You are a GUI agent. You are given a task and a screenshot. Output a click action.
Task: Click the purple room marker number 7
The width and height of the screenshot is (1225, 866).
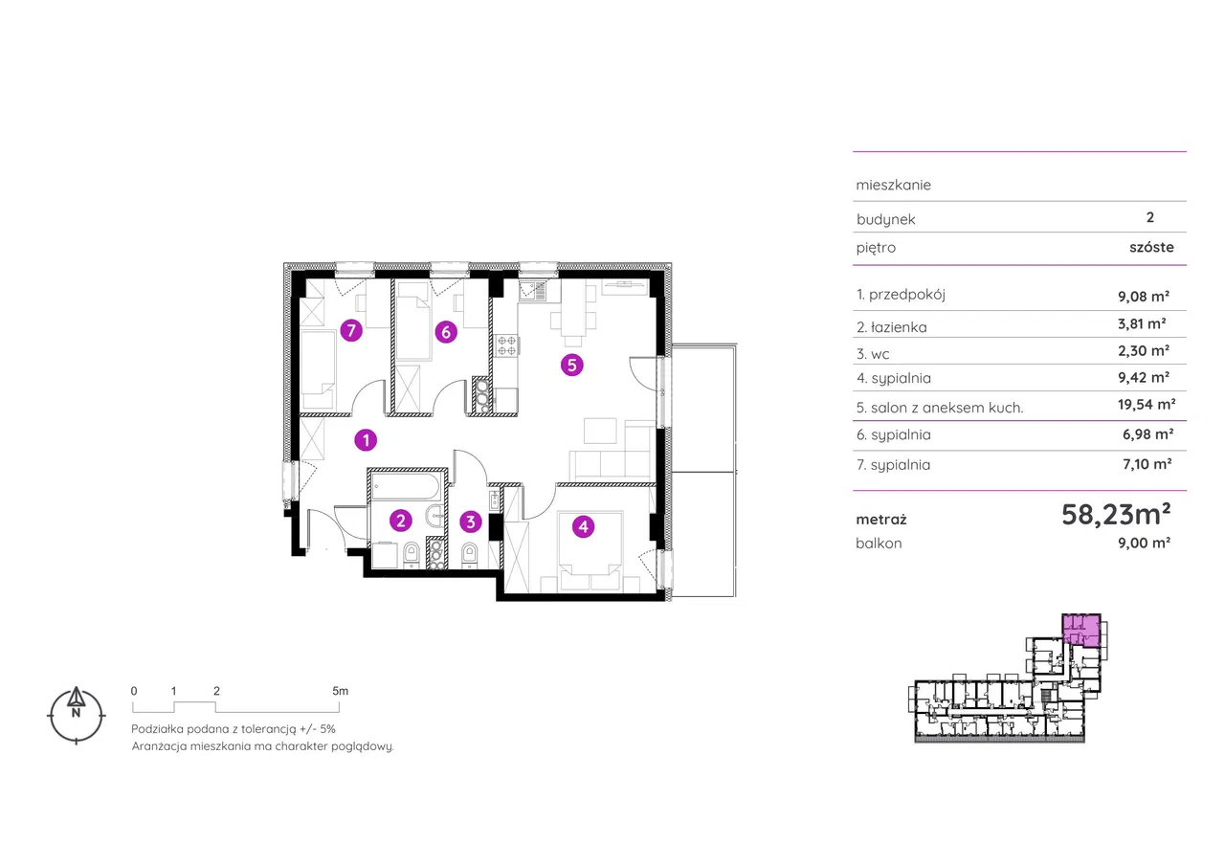click(x=351, y=330)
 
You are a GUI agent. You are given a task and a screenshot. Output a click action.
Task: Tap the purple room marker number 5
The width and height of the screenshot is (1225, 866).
click(x=572, y=365)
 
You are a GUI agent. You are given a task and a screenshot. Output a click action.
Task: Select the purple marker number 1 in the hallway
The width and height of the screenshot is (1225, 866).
click(x=366, y=439)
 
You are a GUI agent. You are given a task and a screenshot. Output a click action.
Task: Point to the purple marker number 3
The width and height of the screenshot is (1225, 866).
click(x=471, y=522)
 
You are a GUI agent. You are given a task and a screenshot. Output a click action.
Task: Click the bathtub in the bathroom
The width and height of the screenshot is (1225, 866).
click(x=405, y=486)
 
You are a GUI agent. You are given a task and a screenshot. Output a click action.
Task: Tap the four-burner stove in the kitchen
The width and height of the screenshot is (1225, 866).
click(x=506, y=345)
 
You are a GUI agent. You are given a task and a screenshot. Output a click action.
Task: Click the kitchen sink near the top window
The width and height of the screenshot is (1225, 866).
click(x=532, y=290)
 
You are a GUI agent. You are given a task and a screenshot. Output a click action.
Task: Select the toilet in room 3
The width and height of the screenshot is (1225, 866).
click(x=470, y=554)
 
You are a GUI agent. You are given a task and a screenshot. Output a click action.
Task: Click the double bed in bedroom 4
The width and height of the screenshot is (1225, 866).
click(x=590, y=550)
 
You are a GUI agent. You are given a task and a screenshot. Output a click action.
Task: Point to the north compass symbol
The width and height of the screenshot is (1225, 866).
click(x=76, y=715)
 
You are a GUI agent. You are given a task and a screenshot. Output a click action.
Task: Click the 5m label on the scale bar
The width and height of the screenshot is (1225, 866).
click(x=340, y=691)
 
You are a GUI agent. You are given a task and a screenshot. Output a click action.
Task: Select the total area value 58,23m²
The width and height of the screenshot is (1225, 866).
click(x=1116, y=514)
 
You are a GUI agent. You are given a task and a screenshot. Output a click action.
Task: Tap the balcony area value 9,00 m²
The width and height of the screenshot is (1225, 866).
click(x=1144, y=543)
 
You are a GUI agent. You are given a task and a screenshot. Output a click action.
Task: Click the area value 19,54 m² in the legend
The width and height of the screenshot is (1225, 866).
click(x=1147, y=405)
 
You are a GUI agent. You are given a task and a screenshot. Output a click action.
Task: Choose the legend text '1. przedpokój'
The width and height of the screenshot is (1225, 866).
click(x=901, y=295)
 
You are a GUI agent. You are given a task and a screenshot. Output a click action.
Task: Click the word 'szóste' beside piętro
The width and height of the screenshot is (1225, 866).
click(x=1151, y=247)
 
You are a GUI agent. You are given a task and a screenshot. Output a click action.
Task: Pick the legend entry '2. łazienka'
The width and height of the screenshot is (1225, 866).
click(x=891, y=327)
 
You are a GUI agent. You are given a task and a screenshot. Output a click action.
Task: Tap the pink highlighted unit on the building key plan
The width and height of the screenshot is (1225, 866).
click(x=1081, y=631)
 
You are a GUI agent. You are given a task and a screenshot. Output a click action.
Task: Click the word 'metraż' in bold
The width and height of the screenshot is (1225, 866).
click(x=881, y=520)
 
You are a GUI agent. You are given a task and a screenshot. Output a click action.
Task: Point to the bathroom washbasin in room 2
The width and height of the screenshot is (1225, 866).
click(x=435, y=516)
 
